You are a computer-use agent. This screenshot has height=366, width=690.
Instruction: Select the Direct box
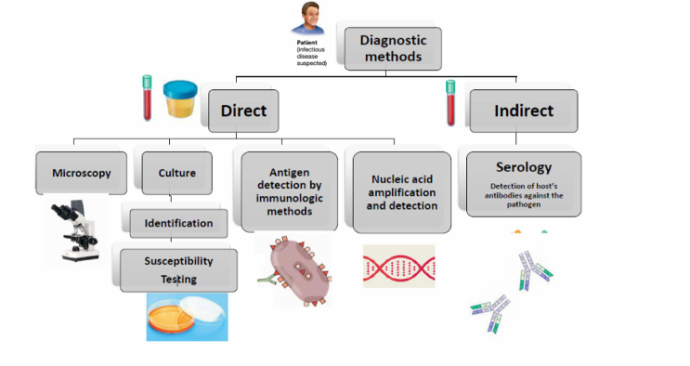point(243,111)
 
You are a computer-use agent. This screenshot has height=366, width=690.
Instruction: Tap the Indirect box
point(523,111)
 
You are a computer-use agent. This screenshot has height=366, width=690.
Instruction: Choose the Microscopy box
point(81,173)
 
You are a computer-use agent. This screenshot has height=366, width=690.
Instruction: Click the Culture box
point(176,173)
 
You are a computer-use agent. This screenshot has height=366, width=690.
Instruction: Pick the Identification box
point(178,223)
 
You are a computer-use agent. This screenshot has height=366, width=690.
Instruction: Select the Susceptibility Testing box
point(178,269)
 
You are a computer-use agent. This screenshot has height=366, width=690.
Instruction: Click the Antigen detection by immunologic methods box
point(289,191)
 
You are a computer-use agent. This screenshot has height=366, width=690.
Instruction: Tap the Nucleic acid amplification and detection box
point(401,191)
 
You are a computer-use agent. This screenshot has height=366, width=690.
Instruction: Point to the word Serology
point(523,167)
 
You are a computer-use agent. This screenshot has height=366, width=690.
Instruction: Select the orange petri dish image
point(186,317)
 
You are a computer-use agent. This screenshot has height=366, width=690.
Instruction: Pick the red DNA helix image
point(398,266)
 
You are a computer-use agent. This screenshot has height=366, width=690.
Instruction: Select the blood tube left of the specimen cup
point(146,98)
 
